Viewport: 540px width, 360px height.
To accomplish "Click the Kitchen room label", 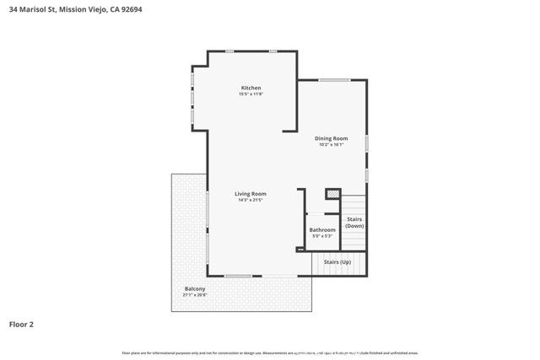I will (251, 88).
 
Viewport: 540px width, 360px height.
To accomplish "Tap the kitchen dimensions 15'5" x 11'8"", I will (251, 94).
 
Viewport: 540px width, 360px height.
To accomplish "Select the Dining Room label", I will (331, 138).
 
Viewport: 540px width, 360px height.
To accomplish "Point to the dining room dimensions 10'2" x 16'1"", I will (331, 145).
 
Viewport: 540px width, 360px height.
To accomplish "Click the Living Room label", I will (251, 193).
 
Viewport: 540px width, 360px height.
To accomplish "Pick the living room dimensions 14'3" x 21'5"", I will (251, 200).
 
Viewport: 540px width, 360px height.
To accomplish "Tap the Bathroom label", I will (322, 229).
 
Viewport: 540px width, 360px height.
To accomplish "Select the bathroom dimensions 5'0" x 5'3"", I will (322, 236).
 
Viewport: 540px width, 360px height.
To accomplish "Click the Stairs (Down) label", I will (354, 223).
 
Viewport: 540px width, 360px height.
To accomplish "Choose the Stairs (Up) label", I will (337, 262).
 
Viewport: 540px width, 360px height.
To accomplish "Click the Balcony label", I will (195, 289).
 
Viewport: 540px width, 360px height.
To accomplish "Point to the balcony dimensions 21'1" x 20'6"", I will (195, 296).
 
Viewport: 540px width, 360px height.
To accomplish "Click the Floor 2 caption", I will (21, 324).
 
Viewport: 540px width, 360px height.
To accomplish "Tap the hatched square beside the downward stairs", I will (332, 194).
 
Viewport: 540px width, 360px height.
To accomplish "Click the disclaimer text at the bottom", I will (270, 352).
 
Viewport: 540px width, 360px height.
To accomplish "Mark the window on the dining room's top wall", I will (334, 80).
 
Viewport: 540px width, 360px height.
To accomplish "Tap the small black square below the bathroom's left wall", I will (299, 250).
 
